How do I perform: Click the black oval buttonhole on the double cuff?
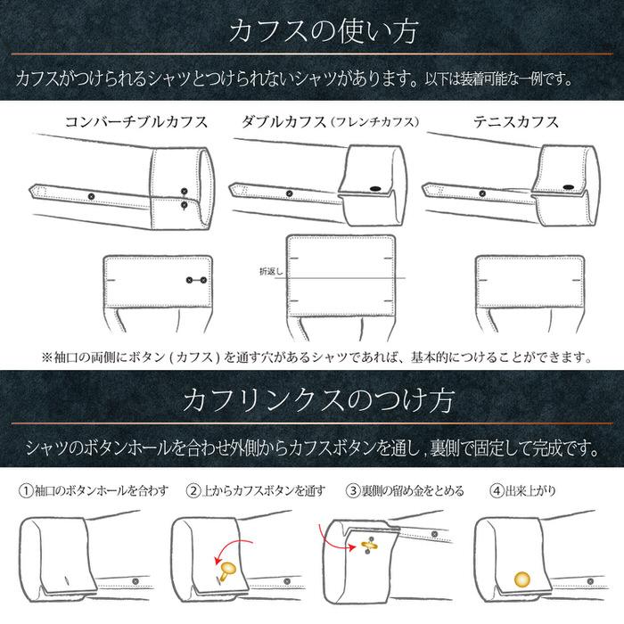(x=373, y=187)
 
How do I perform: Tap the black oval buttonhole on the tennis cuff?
(x=568, y=185)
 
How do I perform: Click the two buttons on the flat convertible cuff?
(x=195, y=281)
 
